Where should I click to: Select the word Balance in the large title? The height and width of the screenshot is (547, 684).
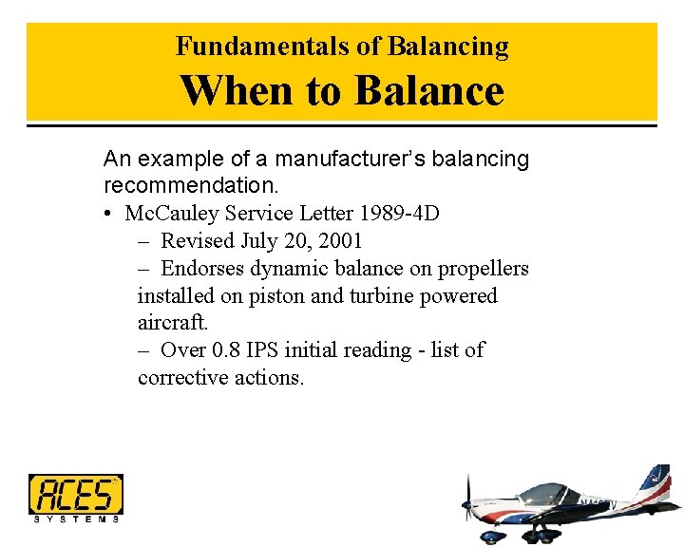(428, 91)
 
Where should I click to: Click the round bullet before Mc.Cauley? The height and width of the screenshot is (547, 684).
(110, 213)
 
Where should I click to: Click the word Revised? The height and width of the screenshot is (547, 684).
(201, 240)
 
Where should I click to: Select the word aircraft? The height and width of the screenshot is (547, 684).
(172, 324)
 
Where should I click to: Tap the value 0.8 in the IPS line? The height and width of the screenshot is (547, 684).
(226, 350)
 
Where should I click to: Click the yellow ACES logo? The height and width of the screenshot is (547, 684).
(75, 494)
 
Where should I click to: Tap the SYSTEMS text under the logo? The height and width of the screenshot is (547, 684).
(76, 519)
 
